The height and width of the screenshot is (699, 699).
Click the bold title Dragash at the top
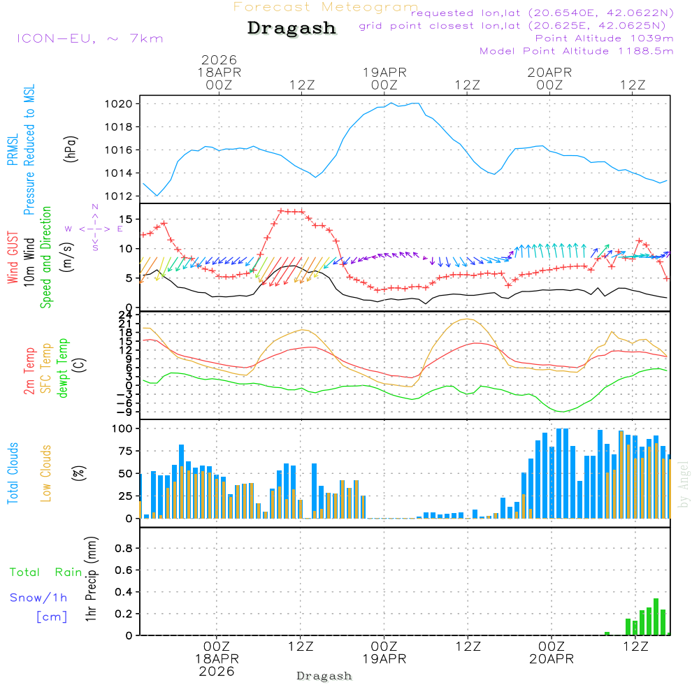click(x=291, y=29)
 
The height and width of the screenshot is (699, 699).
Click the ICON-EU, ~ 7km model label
click(x=89, y=38)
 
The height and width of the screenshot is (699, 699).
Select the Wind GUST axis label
click(x=13, y=258)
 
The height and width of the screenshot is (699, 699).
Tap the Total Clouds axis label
click(x=13, y=473)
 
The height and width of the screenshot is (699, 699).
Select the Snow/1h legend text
click(x=38, y=598)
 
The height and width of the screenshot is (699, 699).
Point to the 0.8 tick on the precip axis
click(x=123, y=548)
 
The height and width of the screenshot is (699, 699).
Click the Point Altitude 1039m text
click(x=604, y=38)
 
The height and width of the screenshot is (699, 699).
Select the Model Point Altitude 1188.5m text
click(x=576, y=50)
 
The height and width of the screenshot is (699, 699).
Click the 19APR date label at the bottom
click(x=384, y=659)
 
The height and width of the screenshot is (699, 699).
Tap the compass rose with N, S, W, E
click(x=95, y=228)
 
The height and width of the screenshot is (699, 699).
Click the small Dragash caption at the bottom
click(x=324, y=676)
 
